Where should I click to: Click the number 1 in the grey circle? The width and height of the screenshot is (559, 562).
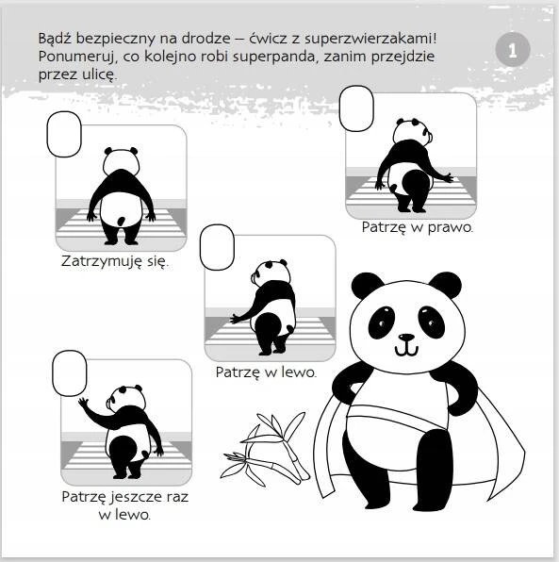(x=513, y=51)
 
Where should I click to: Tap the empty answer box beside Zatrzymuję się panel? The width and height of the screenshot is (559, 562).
(x=64, y=134)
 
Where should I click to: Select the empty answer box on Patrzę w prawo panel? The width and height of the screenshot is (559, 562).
(x=356, y=108)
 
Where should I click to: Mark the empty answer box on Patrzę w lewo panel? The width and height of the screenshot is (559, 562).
(x=217, y=247)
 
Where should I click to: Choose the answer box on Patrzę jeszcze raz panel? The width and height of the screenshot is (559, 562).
(x=70, y=373)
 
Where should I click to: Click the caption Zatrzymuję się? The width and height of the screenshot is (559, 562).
(x=115, y=261)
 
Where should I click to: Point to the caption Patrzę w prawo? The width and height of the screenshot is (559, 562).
(x=418, y=227)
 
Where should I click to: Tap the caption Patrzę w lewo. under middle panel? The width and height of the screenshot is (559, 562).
(x=266, y=372)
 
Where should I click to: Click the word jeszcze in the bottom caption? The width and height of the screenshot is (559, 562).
(x=138, y=498)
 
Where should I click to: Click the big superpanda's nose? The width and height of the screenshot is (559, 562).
(x=406, y=338)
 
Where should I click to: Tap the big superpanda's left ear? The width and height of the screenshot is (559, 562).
(x=366, y=285)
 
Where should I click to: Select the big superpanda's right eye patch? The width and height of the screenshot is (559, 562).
(x=432, y=322)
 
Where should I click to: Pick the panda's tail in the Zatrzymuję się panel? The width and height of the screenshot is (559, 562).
(x=122, y=222)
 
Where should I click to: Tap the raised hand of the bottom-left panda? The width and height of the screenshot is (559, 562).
(x=83, y=404)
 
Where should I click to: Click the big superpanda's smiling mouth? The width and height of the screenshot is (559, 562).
(x=406, y=350)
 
